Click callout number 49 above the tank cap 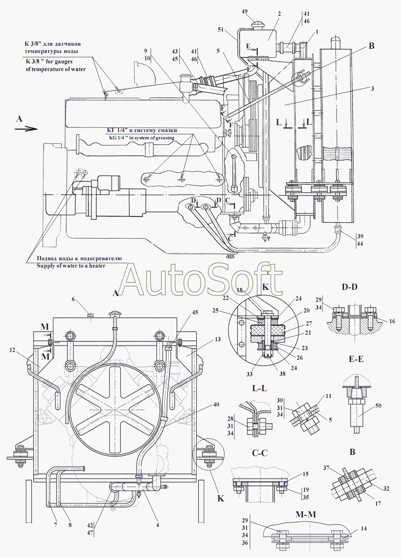coord(245,12)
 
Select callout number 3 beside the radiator coord(372,88)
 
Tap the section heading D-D coord(349,287)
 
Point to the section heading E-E coord(356,359)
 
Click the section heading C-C coord(260,453)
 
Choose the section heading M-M coord(306,515)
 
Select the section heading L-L coord(260,388)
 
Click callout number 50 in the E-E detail coord(378,406)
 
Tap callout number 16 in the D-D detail coord(392,321)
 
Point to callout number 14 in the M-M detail coord(364,529)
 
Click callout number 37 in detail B coord(326,468)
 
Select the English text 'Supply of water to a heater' coord(71,266)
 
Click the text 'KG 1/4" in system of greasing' coord(141,138)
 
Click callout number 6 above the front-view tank coord(73,299)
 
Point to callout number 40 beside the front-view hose coord(216,405)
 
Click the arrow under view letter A coord(26,129)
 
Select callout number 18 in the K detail coord(240,290)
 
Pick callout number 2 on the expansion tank coord(279,14)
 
